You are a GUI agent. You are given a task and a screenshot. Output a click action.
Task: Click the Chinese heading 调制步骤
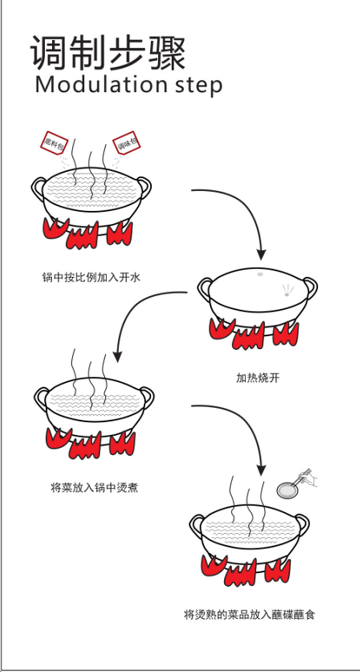point(108,52)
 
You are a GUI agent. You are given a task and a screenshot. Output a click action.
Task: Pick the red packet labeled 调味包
point(124,143)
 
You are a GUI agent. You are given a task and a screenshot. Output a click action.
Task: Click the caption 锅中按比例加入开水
point(91,277)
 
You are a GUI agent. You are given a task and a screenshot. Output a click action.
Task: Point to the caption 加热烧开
point(257,378)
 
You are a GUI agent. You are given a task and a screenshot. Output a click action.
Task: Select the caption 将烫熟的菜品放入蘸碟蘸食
point(249,614)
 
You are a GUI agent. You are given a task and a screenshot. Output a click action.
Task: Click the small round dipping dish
point(287,490)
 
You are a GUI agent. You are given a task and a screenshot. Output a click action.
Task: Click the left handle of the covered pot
point(204,288)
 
